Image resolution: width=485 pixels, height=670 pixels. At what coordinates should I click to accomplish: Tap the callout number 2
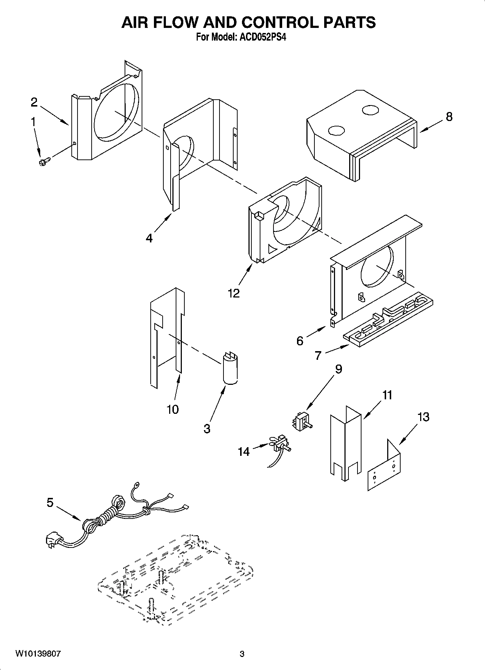[x=34, y=103]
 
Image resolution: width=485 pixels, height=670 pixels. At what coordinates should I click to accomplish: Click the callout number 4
[x=149, y=238]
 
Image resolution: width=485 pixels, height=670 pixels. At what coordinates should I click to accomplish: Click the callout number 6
[x=300, y=341]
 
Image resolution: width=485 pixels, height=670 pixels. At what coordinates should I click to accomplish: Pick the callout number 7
[x=318, y=356]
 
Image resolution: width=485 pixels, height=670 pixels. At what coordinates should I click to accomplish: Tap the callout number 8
[x=449, y=117]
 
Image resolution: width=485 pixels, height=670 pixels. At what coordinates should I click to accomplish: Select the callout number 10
[x=173, y=409]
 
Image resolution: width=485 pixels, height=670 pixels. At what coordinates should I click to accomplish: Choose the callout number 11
[x=387, y=395]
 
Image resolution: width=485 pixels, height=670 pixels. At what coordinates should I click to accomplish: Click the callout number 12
[x=234, y=294]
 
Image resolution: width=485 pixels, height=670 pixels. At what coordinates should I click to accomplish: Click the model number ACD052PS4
[x=262, y=37]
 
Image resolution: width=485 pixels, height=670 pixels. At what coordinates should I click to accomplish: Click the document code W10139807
[x=38, y=654]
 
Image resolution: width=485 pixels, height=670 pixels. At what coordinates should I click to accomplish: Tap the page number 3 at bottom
[x=242, y=654]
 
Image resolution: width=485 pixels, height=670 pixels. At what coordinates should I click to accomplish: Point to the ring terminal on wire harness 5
[x=137, y=484]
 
